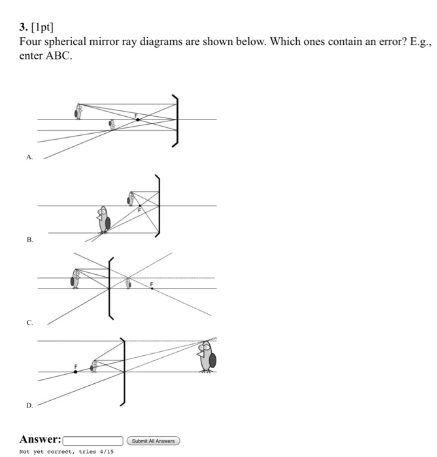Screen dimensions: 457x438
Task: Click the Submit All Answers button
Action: coord(153,441)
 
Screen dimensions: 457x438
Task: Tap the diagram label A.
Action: coord(29,157)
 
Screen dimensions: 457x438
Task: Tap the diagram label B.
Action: coord(29,240)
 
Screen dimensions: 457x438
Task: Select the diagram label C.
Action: coord(29,323)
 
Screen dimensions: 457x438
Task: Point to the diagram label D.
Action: coord(29,405)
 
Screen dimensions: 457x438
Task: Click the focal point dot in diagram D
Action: coord(75,371)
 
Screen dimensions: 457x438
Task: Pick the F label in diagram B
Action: coord(139,210)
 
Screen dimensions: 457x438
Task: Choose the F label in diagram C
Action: coord(152,284)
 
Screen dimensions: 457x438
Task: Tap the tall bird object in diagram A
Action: coord(78,112)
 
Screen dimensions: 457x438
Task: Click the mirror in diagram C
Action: coord(109,287)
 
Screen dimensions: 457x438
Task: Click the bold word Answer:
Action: coord(41,439)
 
